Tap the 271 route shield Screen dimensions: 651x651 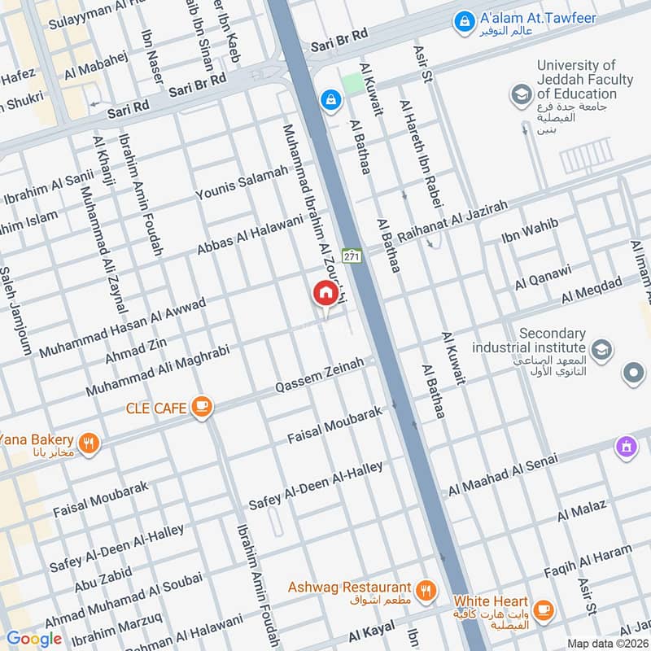[x=351, y=256]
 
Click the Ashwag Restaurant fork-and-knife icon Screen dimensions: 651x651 [x=424, y=588]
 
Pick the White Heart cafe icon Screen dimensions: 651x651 [x=543, y=609]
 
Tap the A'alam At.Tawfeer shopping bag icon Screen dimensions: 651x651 [x=463, y=18]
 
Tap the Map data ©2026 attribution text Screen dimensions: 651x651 [x=606, y=643]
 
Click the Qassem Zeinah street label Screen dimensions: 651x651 [x=319, y=376]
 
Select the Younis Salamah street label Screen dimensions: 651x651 [x=242, y=183]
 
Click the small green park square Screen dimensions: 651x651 [x=352, y=83]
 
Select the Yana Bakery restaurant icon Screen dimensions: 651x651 [x=90, y=443]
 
